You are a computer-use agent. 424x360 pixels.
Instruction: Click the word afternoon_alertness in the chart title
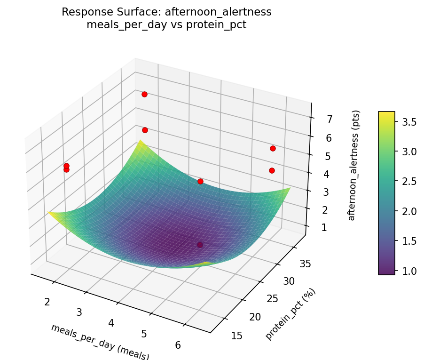(x=218, y=12)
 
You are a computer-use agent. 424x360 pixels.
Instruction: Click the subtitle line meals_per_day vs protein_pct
(x=166, y=25)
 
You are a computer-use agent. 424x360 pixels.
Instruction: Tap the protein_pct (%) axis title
(x=291, y=314)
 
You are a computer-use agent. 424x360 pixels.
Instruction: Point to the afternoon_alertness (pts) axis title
(x=356, y=166)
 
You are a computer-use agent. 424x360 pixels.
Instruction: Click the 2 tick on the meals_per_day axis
(x=47, y=301)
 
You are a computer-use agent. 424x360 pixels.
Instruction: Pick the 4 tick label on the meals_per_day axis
(x=111, y=323)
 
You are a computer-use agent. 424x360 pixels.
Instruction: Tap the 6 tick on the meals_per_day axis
(x=178, y=345)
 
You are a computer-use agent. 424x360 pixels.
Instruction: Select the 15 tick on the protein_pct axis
(x=237, y=335)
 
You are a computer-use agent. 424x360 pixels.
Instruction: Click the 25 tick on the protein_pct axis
(x=273, y=298)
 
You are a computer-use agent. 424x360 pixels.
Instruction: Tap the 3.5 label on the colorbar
(x=408, y=122)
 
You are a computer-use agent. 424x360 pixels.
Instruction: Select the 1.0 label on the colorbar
(x=408, y=271)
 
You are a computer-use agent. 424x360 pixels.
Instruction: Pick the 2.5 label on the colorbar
(x=408, y=182)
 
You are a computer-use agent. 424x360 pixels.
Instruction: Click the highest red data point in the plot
(x=144, y=95)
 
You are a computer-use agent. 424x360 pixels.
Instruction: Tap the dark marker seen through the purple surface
(x=200, y=245)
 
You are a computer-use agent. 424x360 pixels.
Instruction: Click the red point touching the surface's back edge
(x=200, y=181)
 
